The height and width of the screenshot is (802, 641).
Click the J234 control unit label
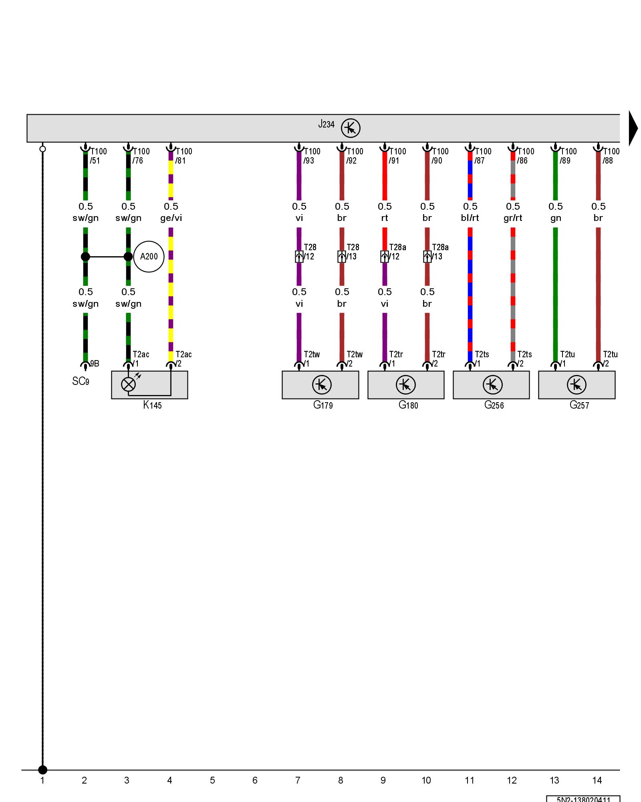click(x=326, y=124)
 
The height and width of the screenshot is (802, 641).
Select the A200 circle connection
click(x=149, y=257)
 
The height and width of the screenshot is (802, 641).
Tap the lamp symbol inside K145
click(x=128, y=385)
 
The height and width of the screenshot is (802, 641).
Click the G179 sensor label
click(x=323, y=405)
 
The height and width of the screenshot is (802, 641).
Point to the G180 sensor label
click(x=408, y=405)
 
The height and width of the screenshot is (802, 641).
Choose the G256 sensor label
click(x=494, y=405)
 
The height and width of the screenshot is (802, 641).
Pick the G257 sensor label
click(x=579, y=405)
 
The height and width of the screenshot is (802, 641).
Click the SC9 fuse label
click(x=81, y=381)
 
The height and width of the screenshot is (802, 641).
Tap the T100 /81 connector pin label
click(x=183, y=156)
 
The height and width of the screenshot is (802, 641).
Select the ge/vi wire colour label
click(x=171, y=218)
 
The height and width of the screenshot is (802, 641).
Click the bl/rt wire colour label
click(x=470, y=218)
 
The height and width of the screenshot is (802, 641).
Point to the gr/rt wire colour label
click(x=513, y=218)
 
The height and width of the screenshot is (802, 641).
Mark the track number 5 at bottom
click(x=212, y=780)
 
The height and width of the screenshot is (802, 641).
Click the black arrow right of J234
click(x=633, y=128)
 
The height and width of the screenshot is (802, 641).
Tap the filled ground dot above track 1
click(x=42, y=770)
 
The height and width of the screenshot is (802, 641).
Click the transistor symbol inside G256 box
click(x=492, y=385)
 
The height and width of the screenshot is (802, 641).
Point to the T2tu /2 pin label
click(x=610, y=359)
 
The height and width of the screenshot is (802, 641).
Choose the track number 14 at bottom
click(x=597, y=780)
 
